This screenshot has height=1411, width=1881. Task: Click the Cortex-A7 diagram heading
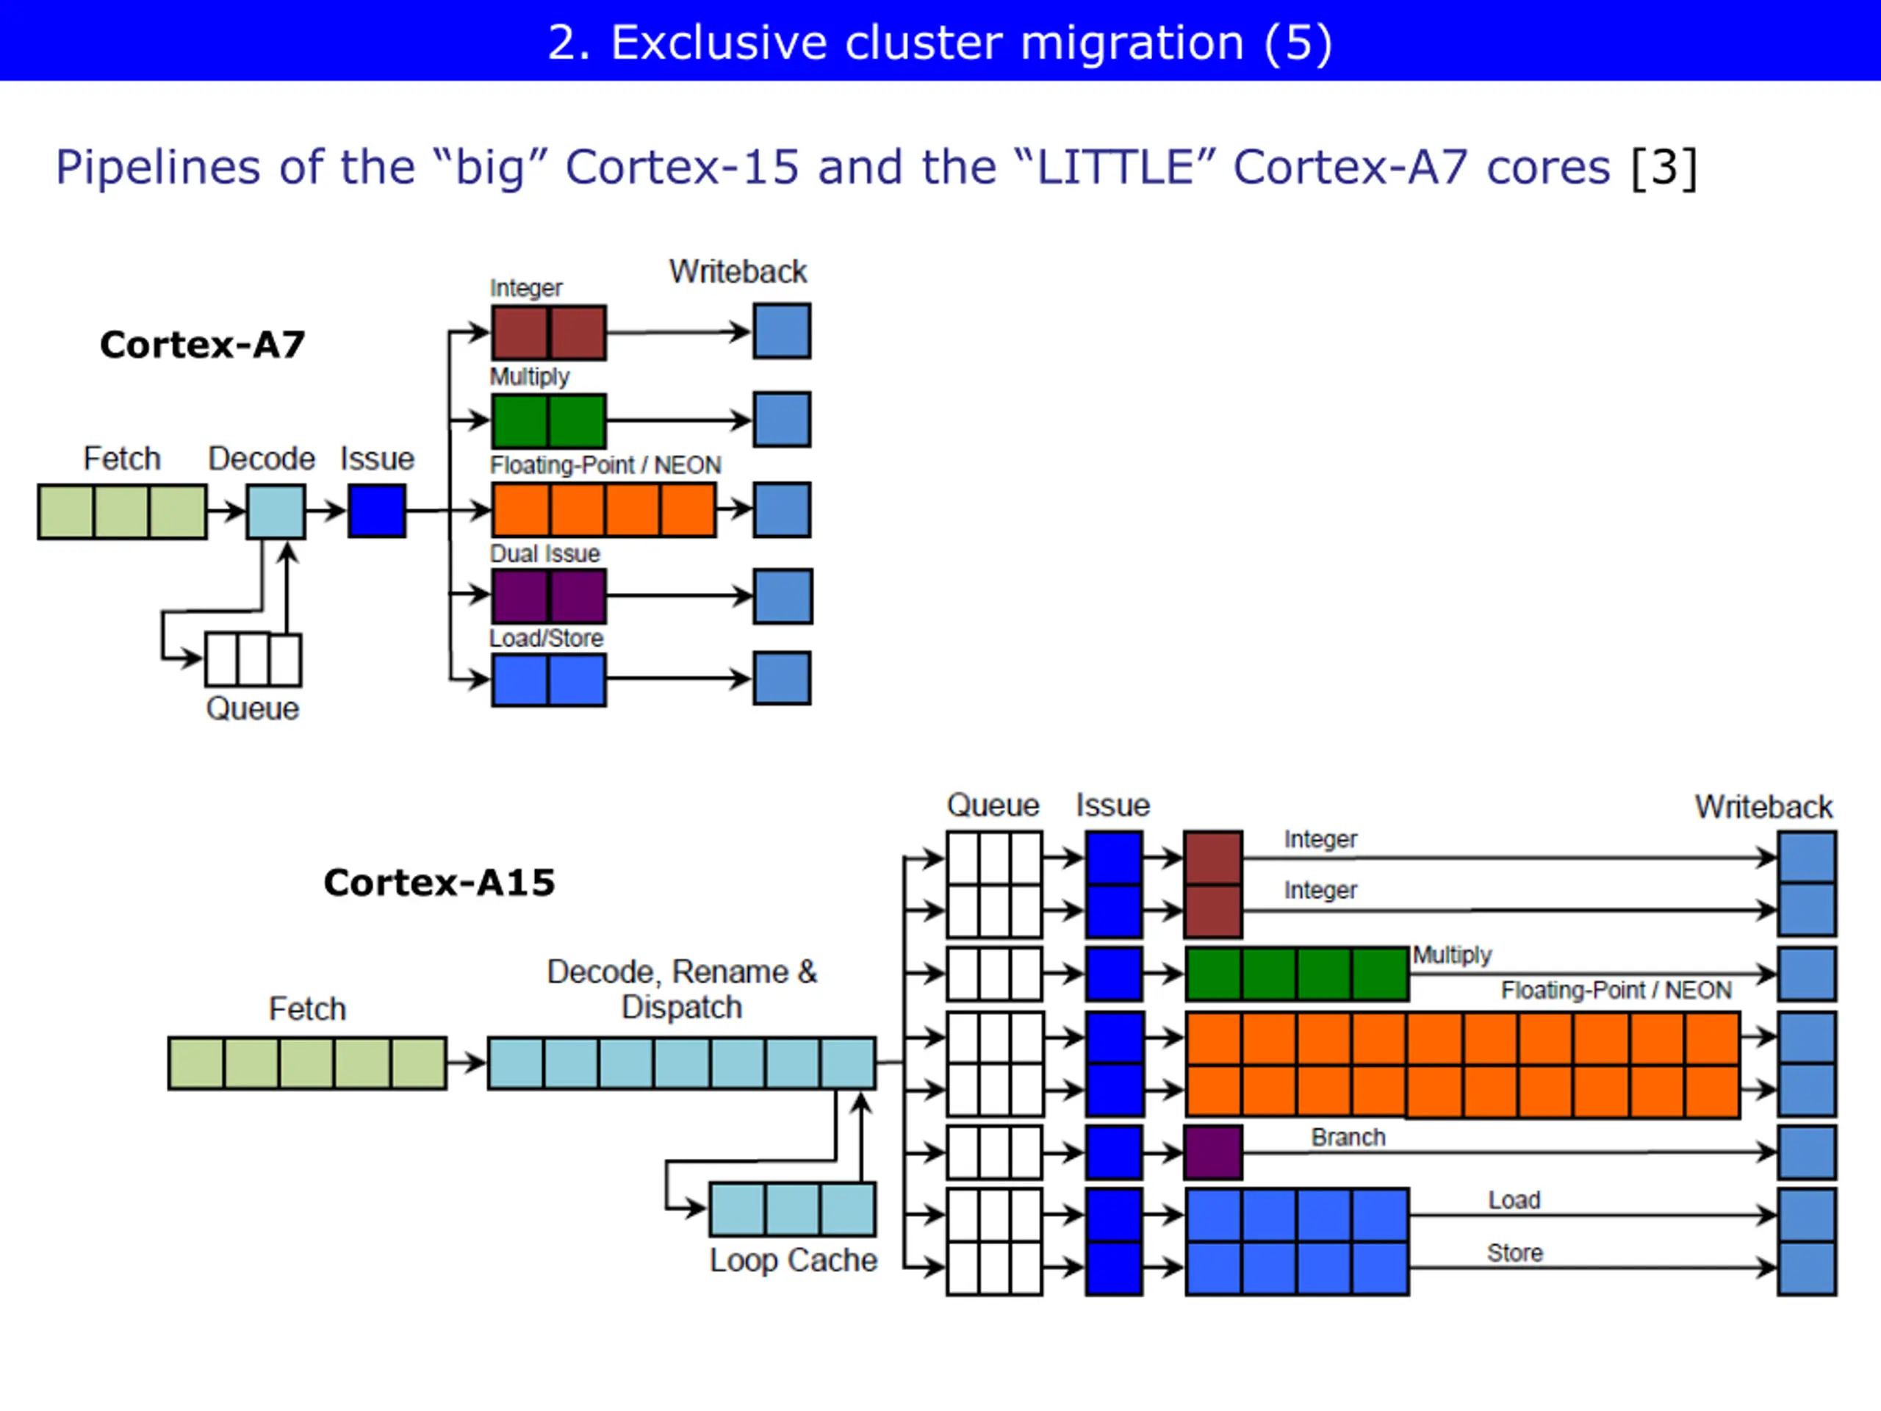(202, 345)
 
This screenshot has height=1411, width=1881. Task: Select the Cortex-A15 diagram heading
(439, 882)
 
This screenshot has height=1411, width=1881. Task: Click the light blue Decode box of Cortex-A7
(276, 511)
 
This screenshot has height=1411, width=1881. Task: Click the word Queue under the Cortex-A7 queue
(253, 708)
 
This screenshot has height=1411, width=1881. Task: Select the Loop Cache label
(794, 1260)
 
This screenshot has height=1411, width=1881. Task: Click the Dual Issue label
(545, 553)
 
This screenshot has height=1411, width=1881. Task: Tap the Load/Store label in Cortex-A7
(546, 638)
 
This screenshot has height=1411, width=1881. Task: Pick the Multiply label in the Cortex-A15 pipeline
(1453, 955)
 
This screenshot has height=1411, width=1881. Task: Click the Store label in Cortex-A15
(1514, 1253)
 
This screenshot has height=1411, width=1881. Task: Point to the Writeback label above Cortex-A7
(737, 271)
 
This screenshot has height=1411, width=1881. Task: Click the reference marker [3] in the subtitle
(1664, 167)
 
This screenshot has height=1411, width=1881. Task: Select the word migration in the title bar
(1132, 43)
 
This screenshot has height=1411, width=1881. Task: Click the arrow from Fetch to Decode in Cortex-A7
(226, 511)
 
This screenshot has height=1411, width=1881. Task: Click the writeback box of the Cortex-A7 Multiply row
(782, 420)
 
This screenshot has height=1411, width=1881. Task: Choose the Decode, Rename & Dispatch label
(681, 989)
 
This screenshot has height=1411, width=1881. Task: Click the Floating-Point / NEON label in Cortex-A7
(605, 465)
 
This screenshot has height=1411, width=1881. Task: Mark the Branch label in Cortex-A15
(1348, 1137)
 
